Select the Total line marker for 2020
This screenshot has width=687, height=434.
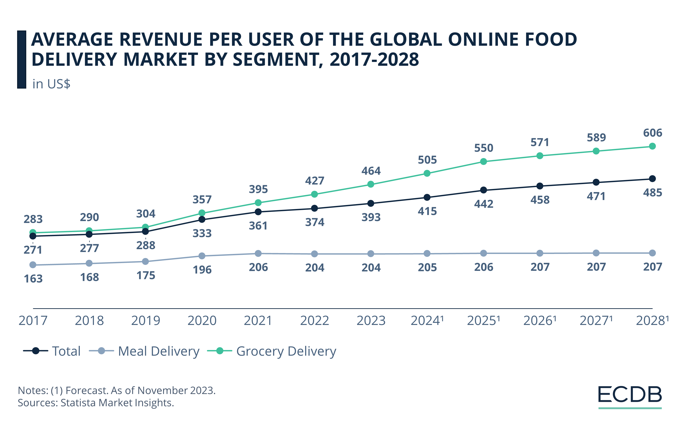point(202,219)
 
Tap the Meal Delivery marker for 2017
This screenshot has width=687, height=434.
point(33,265)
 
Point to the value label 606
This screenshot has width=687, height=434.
point(653,133)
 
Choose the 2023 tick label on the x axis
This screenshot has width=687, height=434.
point(371,321)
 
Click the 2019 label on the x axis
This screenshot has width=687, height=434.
point(145,321)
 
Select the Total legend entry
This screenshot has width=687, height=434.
point(66,351)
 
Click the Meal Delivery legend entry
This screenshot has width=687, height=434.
point(159,351)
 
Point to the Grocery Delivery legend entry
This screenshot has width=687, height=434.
point(286,351)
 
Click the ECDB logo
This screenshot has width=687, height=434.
point(630,395)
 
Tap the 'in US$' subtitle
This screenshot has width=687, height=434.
point(51,84)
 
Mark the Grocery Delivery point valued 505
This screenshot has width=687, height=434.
point(427,173)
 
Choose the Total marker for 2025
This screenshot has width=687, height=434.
point(483,190)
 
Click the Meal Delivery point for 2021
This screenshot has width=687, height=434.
point(258,253)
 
